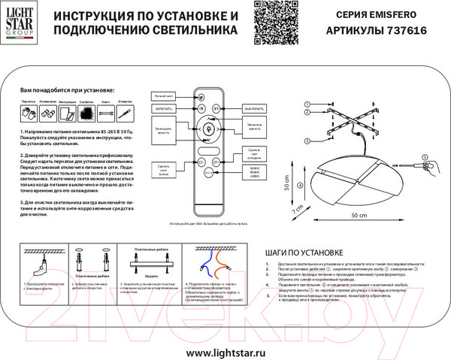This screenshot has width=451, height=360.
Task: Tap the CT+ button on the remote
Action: pyautogui.click(x=216, y=161)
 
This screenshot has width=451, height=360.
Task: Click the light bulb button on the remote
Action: pyautogui.click(x=209, y=126)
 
